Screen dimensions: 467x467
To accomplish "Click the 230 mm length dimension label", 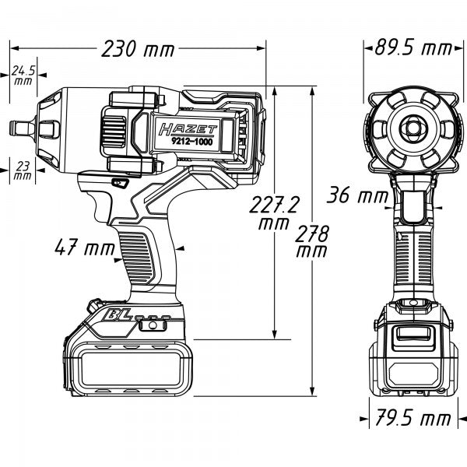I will [138, 50].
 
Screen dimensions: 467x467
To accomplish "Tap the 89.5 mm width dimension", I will [408, 47].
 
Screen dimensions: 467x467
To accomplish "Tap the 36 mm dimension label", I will [354, 195].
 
